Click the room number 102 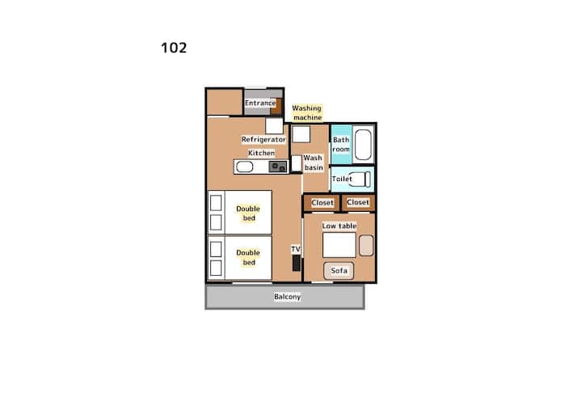[174, 48]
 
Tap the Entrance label [260, 103]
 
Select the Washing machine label [307, 112]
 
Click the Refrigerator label [264, 139]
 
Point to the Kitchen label [261, 153]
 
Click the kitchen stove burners [278, 167]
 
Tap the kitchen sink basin [245, 167]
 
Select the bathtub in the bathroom [363, 145]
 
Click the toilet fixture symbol [359, 179]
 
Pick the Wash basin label [314, 163]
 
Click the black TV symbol [296, 263]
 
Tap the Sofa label [339, 270]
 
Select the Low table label [339, 226]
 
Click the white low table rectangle [339, 245]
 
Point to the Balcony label [287, 297]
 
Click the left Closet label [323, 203]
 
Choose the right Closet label [358, 202]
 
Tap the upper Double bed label [248, 213]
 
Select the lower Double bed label [248, 257]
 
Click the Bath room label [341, 145]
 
